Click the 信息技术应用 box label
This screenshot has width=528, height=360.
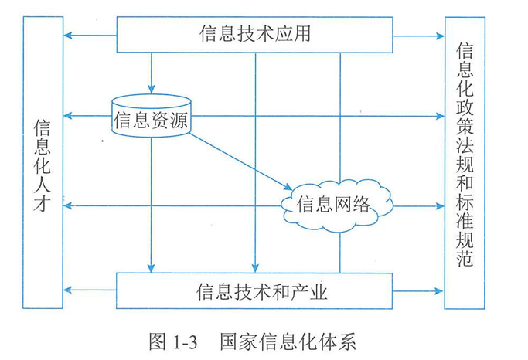[x=255, y=34]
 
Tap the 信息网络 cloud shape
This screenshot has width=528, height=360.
[x=333, y=204]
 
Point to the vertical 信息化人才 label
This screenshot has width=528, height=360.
[x=43, y=167]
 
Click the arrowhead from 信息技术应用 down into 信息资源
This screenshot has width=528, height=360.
[x=152, y=89]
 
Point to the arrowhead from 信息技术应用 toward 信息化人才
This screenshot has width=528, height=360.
[x=68, y=35]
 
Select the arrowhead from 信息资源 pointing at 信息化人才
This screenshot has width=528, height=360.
[x=68, y=116]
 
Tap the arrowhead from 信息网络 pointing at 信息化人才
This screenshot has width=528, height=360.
[x=68, y=205]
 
